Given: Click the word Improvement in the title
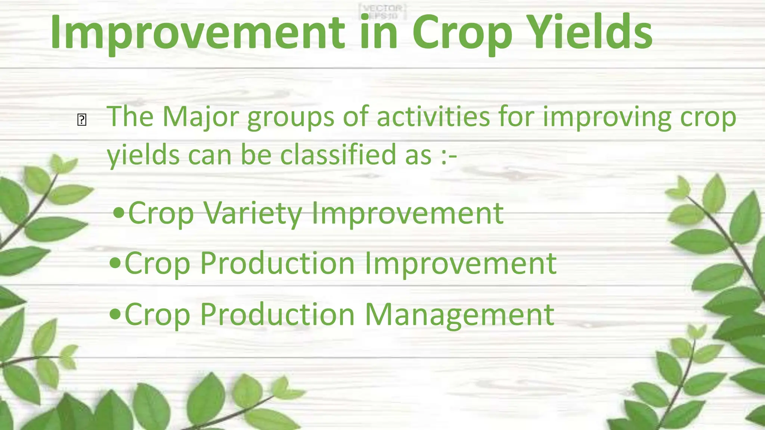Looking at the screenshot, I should [x=198, y=33].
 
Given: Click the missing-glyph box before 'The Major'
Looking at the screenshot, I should [x=82, y=120].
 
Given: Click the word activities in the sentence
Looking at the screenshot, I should [x=433, y=117].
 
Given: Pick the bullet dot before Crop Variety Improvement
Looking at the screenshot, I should [x=118, y=213].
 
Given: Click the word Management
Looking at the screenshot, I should [x=459, y=315].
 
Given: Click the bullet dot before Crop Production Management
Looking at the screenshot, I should [x=115, y=314].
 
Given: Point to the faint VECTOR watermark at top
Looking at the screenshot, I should [x=382, y=9].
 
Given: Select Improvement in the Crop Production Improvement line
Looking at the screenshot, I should [x=460, y=264].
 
